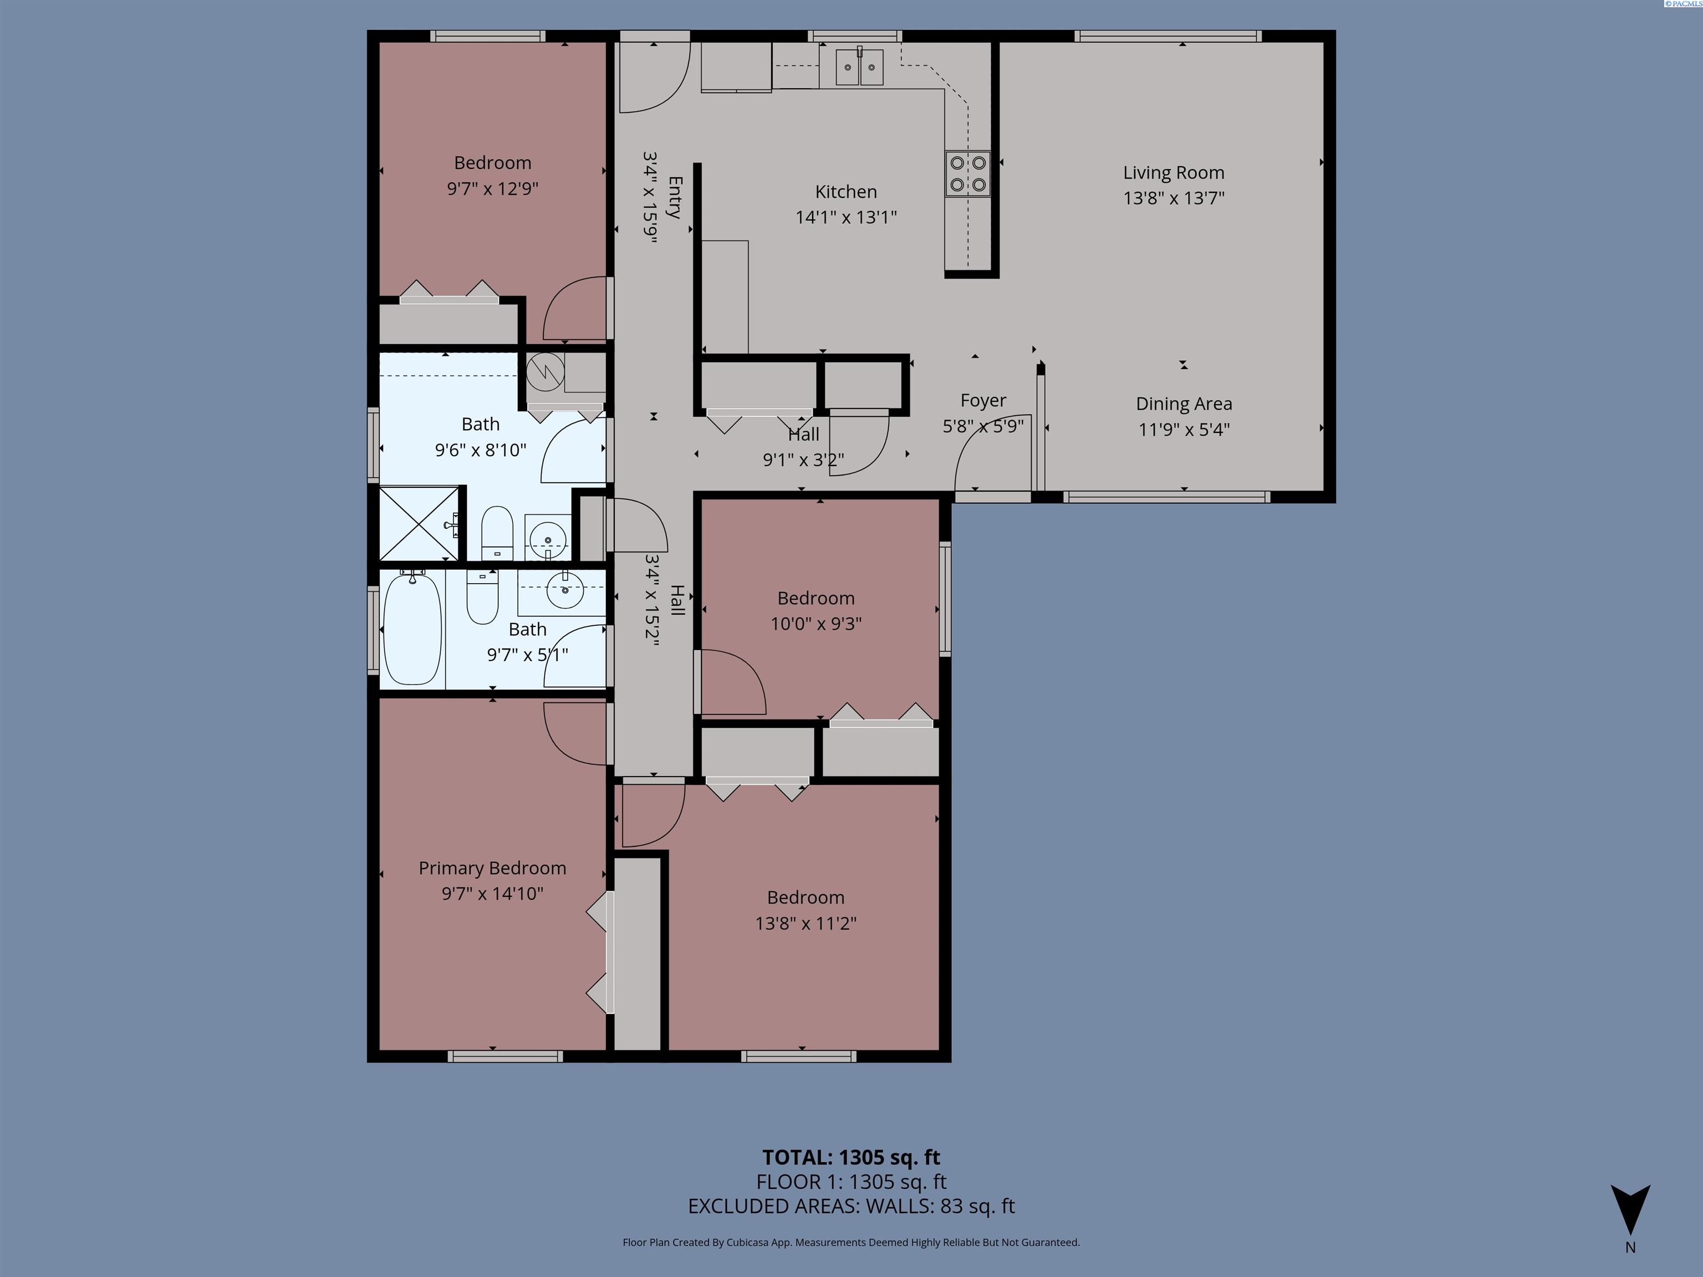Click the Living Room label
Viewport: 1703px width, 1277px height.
point(1174,172)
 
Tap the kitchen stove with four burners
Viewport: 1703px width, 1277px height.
point(968,174)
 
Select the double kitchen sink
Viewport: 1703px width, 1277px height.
point(860,67)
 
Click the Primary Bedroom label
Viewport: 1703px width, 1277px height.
point(493,869)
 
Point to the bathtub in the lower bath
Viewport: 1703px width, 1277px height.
point(412,627)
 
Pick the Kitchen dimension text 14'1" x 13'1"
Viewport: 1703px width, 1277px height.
point(846,217)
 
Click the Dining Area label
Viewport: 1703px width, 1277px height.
point(1184,404)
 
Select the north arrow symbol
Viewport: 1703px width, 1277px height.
point(1630,1210)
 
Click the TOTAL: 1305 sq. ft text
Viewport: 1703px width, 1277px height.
point(851,1157)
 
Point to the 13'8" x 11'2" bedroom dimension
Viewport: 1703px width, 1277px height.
point(806,923)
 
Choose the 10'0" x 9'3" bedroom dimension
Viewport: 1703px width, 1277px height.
point(816,624)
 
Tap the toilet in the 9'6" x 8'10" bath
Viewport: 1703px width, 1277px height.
point(497,533)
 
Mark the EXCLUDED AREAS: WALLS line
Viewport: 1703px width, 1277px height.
point(851,1206)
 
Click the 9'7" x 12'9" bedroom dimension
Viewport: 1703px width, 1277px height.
point(493,188)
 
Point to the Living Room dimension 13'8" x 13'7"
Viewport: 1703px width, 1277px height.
point(1174,198)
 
